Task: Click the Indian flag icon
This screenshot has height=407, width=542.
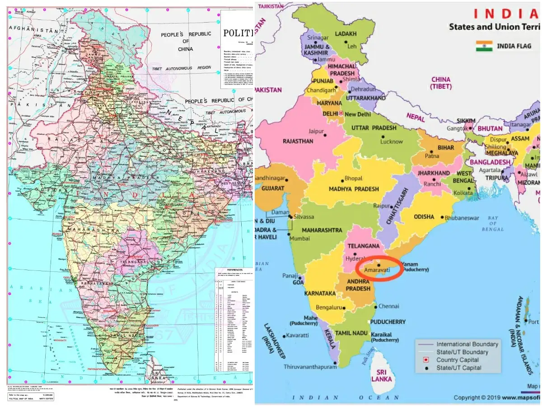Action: pyautogui.click(x=484, y=46)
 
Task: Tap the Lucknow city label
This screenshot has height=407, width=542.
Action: pyautogui.click(x=392, y=142)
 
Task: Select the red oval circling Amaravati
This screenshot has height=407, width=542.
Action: pyautogui.click(x=378, y=268)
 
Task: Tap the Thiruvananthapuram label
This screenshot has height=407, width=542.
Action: pyautogui.click(x=310, y=367)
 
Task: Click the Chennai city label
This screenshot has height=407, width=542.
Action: pyautogui.click(x=388, y=306)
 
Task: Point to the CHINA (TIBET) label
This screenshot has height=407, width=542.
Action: pyautogui.click(x=441, y=83)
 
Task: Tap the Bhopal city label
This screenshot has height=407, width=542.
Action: pyautogui.click(x=353, y=178)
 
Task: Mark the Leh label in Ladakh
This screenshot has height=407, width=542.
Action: pyautogui.click(x=352, y=46)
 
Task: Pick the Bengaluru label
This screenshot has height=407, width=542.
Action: pyautogui.click(x=328, y=307)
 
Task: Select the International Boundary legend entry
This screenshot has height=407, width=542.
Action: pyautogui.click(x=467, y=344)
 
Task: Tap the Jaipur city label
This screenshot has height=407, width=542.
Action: pyautogui.click(x=317, y=132)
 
